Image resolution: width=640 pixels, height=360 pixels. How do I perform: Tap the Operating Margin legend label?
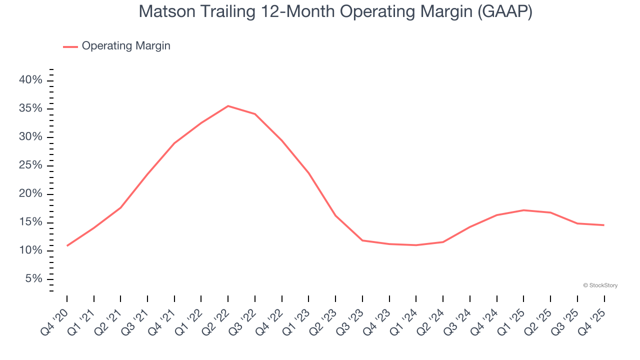tap(126, 46)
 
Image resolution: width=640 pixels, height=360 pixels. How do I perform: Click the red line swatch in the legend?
tap(70, 46)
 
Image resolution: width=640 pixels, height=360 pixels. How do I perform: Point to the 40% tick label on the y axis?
tap(31, 80)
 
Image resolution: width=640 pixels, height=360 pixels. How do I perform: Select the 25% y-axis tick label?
tap(31, 165)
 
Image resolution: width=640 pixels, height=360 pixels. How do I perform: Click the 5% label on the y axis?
tap(34, 279)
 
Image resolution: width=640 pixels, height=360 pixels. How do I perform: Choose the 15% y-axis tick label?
tap(31, 222)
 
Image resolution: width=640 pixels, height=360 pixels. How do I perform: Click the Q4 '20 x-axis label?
tap(56, 314)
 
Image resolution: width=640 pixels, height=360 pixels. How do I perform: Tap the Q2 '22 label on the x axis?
tap(217, 314)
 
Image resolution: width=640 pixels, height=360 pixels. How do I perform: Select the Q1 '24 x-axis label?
tap(405, 314)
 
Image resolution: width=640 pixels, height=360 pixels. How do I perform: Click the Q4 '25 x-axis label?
tap(593, 314)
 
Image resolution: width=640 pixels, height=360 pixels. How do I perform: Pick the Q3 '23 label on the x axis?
tap(352, 314)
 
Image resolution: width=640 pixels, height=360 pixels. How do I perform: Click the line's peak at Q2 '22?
tap(228, 106)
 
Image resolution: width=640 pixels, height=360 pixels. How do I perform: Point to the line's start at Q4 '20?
tap(67, 245)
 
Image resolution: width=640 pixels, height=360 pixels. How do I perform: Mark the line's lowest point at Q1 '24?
tap(416, 245)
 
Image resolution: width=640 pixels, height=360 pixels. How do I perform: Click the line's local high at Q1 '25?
tap(523, 210)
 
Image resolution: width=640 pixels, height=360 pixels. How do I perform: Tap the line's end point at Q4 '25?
tap(604, 225)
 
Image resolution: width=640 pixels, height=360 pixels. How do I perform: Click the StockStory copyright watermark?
tap(600, 285)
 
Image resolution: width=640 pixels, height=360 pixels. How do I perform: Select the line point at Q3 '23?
tap(362, 240)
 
